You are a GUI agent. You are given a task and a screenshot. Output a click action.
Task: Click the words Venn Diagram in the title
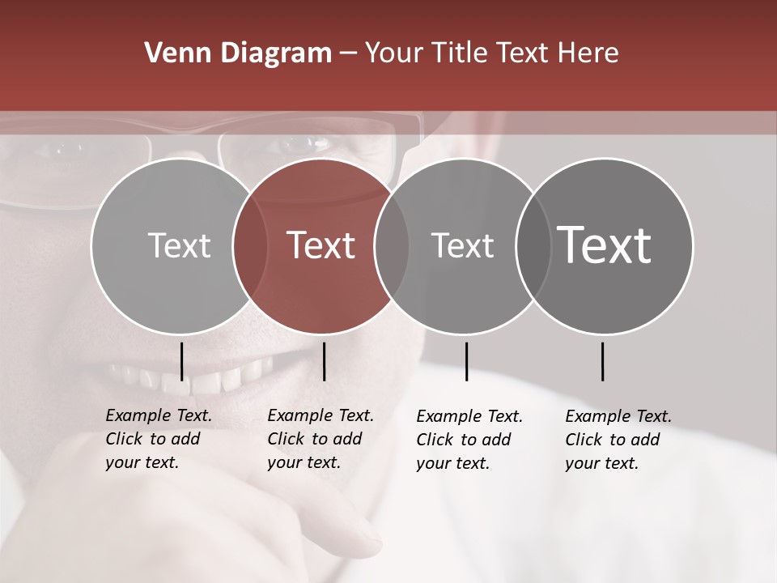(x=238, y=53)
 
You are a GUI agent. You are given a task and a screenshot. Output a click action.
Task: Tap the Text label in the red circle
(x=321, y=245)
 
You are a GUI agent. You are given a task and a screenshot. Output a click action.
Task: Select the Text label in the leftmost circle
(x=180, y=245)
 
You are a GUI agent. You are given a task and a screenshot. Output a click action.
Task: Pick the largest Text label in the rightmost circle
(x=605, y=245)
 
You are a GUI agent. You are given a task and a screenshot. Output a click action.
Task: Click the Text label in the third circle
(x=462, y=245)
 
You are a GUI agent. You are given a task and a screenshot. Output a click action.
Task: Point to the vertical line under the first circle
(x=181, y=361)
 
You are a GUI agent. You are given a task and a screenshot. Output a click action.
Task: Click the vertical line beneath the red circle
(x=324, y=361)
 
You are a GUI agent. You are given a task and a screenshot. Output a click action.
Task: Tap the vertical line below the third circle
(x=466, y=361)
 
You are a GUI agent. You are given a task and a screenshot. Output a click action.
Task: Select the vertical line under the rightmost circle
(x=602, y=361)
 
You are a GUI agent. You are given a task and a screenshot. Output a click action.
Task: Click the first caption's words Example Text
(x=159, y=415)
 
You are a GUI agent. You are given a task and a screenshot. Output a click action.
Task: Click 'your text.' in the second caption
(x=304, y=462)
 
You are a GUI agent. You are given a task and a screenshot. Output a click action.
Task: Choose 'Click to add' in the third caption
(x=464, y=440)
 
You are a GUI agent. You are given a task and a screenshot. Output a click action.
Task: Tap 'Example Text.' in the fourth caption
(x=618, y=416)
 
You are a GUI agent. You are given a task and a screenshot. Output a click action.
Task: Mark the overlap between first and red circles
(x=250, y=245)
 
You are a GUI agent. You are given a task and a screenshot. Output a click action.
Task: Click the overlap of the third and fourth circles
(x=533, y=245)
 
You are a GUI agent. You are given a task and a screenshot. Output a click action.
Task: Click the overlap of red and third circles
(x=392, y=245)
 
